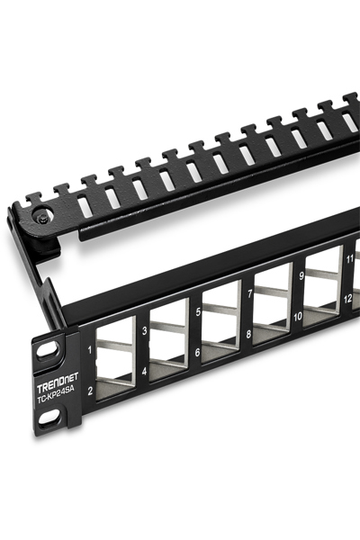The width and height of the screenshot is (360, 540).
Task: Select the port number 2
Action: pyautogui.click(x=91, y=391)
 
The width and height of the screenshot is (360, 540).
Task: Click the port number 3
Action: pyautogui.click(x=144, y=330)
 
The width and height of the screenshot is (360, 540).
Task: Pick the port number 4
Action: pyautogui.click(x=144, y=370)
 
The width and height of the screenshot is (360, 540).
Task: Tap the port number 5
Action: pyautogui.click(x=196, y=313)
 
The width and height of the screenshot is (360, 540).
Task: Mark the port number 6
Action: pyautogui.click(x=196, y=352)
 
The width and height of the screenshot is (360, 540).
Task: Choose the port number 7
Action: pyautogui.click(x=248, y=294)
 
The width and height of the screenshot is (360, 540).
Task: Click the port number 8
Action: pyautogui.click(x=248, y=332)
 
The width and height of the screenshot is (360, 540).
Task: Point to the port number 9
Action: pyautogui.click(x=301, y=277)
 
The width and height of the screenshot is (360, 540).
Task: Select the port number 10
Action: pyautogui.click(x=299, y=316)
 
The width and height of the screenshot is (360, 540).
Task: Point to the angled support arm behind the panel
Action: pyautogui.click(x=36, y=270)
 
